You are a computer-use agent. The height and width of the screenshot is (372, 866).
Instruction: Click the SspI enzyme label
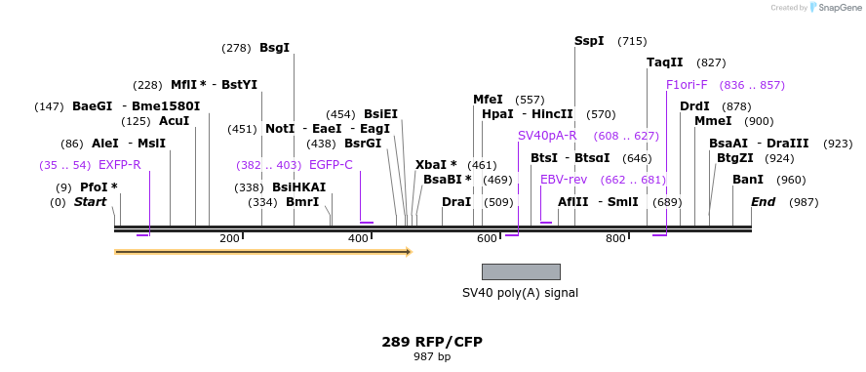[x=589, y=41]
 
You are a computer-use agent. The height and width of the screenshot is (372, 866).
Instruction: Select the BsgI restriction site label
[x=274, y=48]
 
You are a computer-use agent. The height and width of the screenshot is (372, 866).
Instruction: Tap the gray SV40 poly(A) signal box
[x=521, y=271]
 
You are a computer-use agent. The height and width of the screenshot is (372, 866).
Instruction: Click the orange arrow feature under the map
[x=262, y=252]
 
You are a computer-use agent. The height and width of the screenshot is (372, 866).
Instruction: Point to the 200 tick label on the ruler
[x=229, y=239]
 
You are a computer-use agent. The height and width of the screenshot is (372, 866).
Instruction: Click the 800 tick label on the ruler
[x=615, y=239]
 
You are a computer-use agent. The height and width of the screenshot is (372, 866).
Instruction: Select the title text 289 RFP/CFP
[x=432, y=342]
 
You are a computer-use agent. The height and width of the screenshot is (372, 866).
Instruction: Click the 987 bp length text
[x=432, y=357]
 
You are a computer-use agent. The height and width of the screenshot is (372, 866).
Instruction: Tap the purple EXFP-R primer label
[x=120, y=165]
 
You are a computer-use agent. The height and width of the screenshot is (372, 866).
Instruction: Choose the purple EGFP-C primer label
[x=331, y=165]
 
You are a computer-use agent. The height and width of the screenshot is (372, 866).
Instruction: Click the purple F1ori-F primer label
[x=688, y=85]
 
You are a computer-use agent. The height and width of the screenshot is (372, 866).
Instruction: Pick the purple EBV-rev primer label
[x=564, y=180]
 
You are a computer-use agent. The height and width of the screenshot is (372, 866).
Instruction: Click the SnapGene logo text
[x=838, y=8]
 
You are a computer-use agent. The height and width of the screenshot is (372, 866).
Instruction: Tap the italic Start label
[x=91, y=202]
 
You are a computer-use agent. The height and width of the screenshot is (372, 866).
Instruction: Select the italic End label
[x=764, y=202]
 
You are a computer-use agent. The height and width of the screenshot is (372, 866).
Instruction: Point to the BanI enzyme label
[x=748, y=180]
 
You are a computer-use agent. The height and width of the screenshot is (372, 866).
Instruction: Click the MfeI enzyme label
[x=488, y=100]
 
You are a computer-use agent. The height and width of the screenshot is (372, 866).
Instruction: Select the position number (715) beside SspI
[x=632, y=41]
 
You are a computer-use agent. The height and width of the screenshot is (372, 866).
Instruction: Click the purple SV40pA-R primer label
[x=547, y=136]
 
